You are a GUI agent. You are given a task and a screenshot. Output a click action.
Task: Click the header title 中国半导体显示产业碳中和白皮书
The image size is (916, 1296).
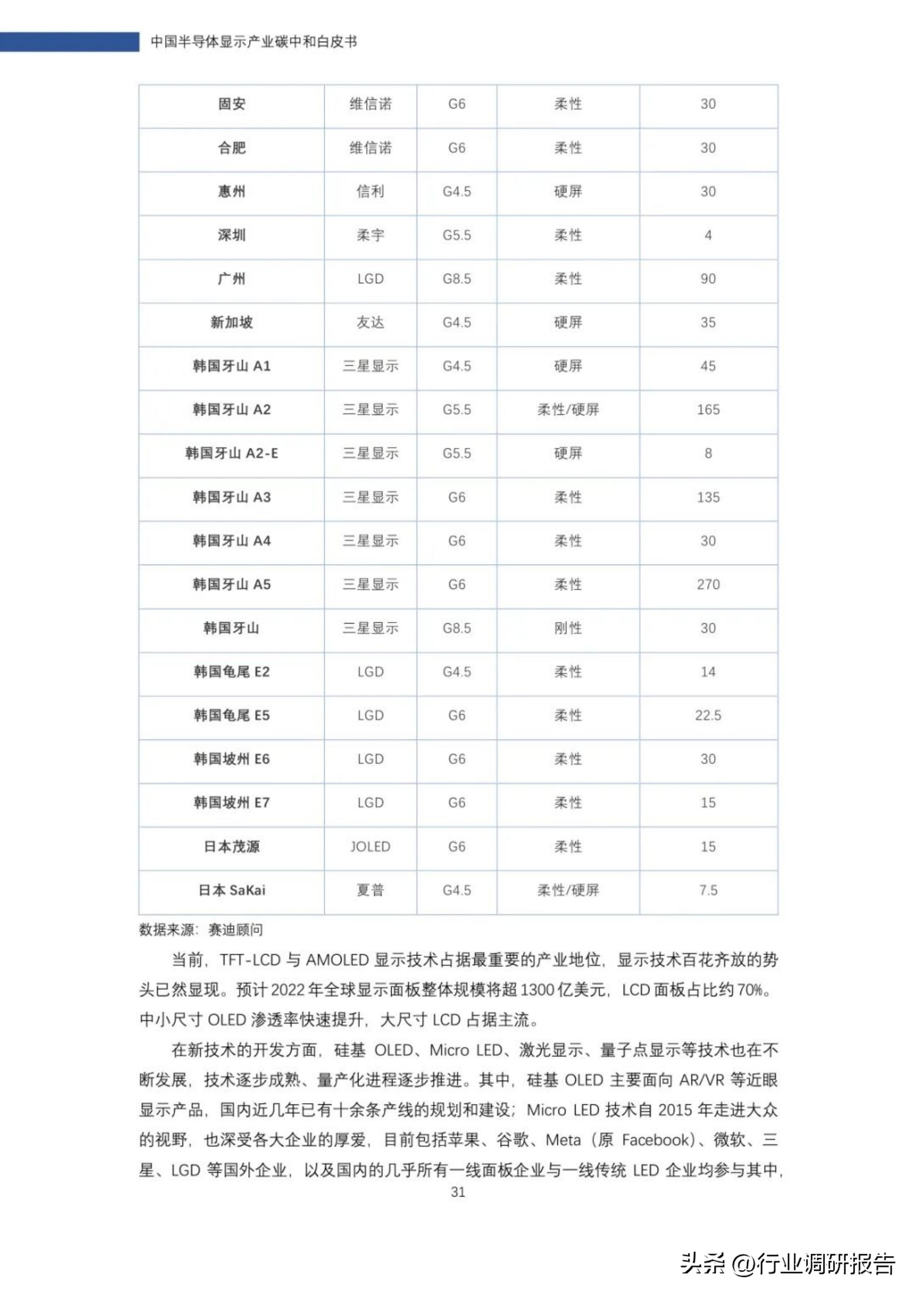click(254, 42)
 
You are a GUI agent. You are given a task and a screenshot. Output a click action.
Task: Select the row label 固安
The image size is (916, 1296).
click(232, 104)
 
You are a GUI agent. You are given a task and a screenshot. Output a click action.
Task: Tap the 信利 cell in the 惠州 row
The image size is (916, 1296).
click(370, 192)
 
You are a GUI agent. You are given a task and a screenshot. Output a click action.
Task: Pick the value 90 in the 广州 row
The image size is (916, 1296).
click(708, 279)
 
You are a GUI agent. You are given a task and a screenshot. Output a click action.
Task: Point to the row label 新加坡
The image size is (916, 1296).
click(232, 322)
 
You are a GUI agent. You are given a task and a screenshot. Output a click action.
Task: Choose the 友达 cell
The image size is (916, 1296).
click(370, 322)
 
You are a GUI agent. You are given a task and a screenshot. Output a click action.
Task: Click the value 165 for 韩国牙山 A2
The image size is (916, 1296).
click(708, 410)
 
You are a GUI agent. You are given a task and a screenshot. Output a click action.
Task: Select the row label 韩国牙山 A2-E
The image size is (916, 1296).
click(232, 453)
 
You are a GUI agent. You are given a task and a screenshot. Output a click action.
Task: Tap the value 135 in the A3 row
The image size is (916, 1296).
click(708, 497)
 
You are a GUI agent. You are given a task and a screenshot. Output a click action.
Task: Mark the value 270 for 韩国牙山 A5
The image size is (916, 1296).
click(708, 584)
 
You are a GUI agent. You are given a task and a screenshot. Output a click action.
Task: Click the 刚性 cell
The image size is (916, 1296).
click(567, 628)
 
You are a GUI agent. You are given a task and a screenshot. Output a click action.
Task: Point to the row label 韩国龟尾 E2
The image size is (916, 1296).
click(232, 672)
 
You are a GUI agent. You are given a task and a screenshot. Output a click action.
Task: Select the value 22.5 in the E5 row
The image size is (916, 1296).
click(708, 715)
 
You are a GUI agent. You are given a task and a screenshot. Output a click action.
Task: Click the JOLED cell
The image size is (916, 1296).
click(370, 847)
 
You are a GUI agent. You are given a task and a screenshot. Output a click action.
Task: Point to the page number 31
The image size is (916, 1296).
click(458, 1192)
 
